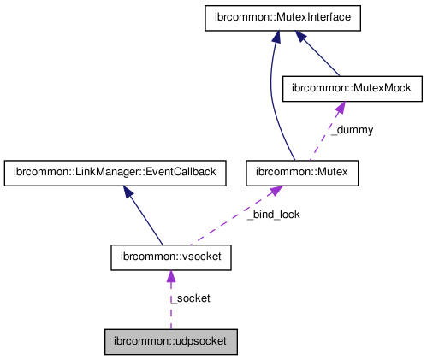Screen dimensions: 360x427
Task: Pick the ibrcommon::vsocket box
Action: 170,256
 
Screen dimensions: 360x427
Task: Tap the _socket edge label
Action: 190,298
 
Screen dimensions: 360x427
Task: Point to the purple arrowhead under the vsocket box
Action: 170,276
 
